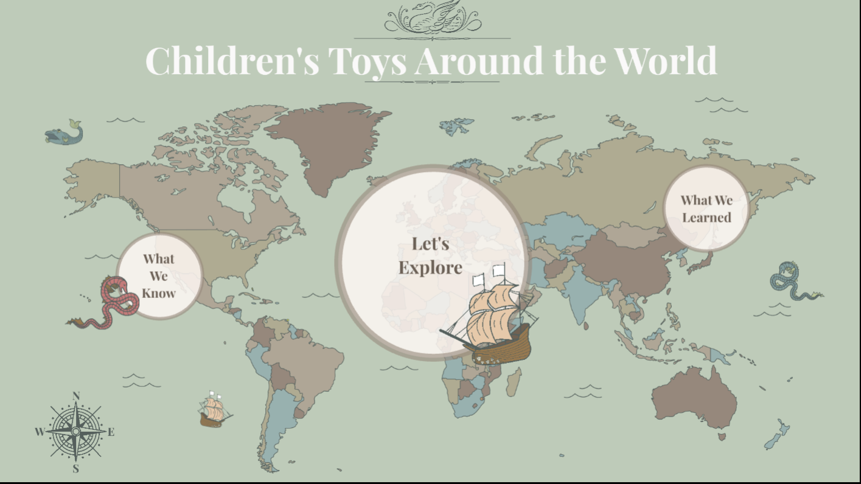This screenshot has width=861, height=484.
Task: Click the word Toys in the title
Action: point(369,60)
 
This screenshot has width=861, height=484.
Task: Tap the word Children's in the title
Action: point(232,60)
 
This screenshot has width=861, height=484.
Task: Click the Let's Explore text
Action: point(430,256)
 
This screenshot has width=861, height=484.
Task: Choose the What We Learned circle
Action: point(706,209)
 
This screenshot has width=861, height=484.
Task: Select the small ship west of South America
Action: point(214,410)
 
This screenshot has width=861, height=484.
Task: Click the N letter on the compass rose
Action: point(76,396)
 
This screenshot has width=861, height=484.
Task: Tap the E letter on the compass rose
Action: point(111,432)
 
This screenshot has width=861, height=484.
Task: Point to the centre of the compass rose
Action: point(75,432)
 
